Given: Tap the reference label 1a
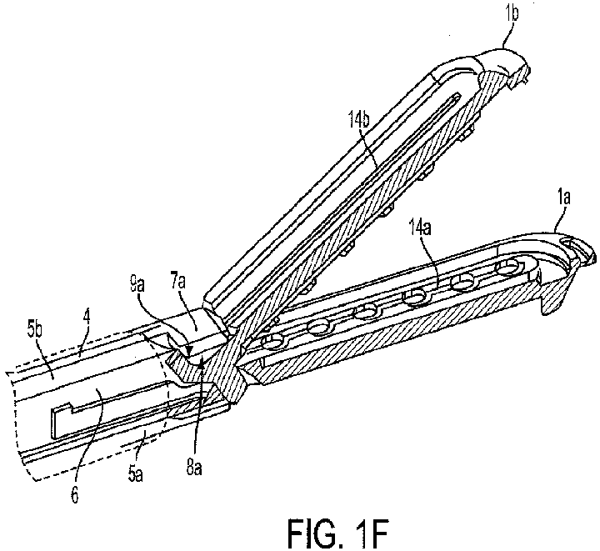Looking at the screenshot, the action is coord(562,198).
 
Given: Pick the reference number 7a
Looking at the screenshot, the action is coord(177,284).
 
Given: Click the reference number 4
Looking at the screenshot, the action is coord(87,319).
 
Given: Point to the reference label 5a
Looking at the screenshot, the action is coord(136,475).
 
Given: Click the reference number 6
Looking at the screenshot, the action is coord(75,495).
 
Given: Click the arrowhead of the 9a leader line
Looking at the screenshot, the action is coord(187,349).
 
